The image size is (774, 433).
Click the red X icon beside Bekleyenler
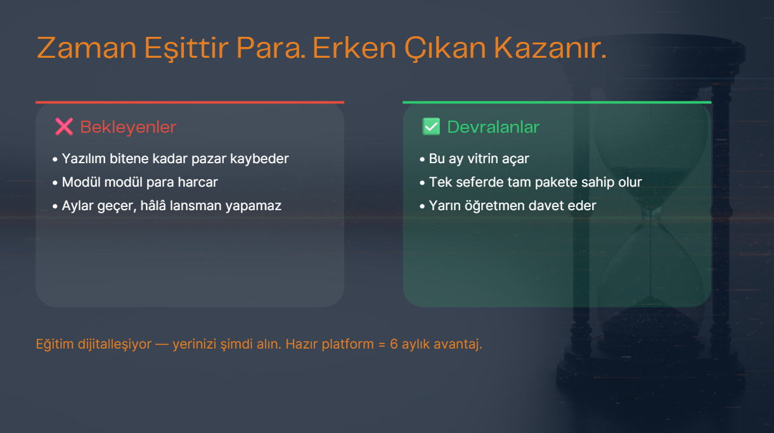point(64,127)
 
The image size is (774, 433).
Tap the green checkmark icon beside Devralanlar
point(431,127)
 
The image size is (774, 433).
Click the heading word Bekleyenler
point(128,127)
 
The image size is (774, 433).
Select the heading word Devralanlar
point(493,127)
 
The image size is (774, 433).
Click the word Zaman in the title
point(86,48)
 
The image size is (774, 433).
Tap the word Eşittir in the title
point(186,48)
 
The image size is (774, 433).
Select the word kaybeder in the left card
point(259,159)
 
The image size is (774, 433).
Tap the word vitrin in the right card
point(482,159)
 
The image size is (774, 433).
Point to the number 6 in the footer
point(394,344)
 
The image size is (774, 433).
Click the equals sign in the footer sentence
point(382,344)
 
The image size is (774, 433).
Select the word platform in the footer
point(347,344)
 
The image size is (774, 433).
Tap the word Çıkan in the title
point(446,48)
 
